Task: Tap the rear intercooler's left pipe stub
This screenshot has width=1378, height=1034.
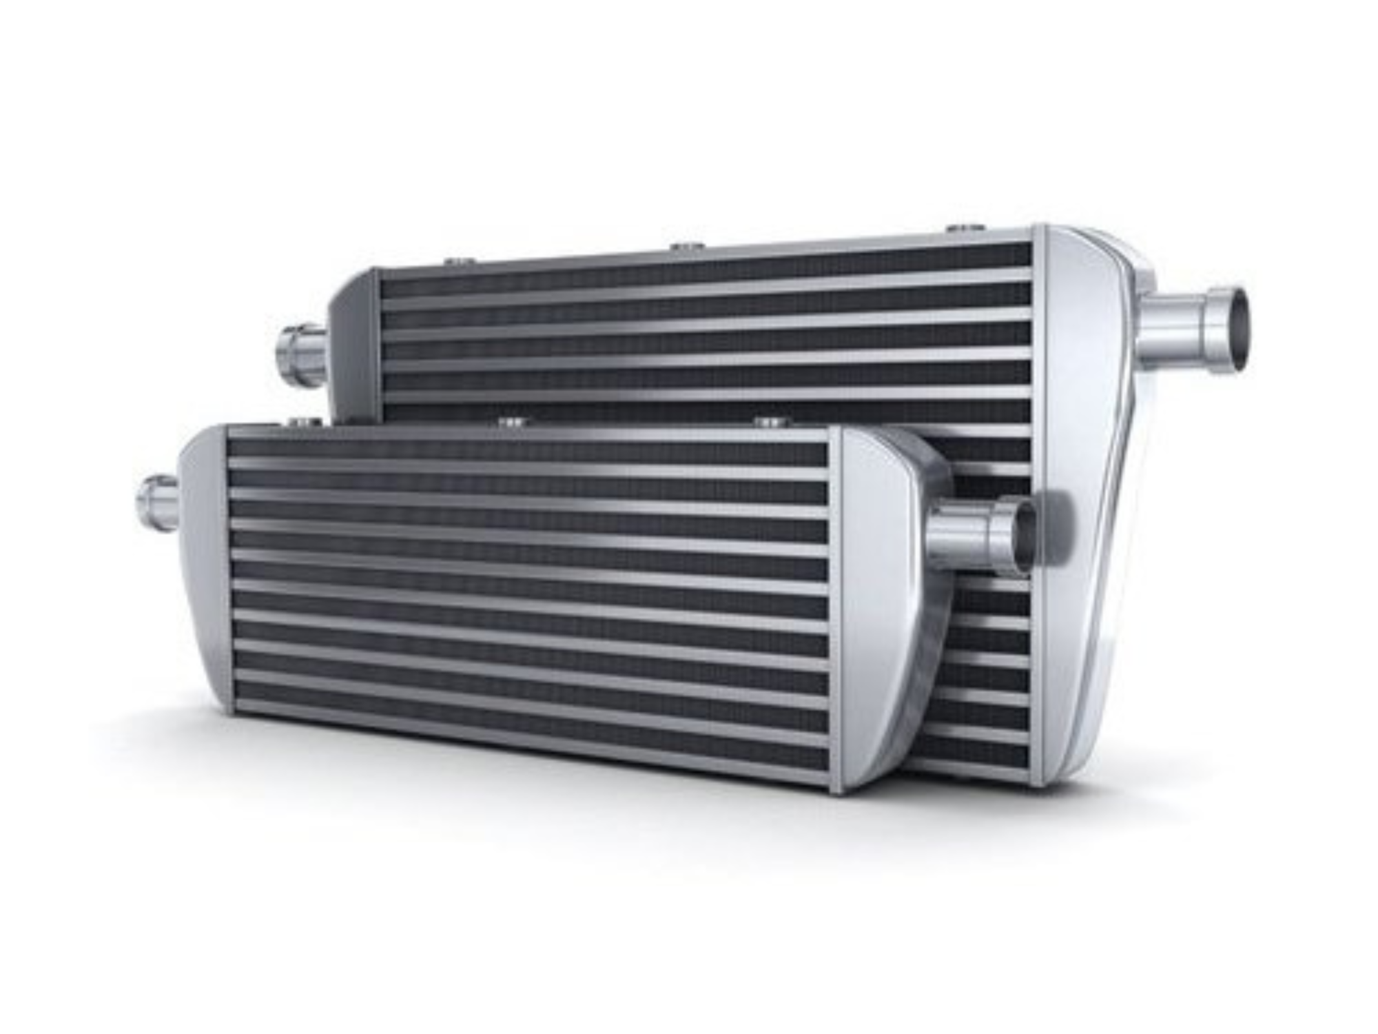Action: coord(302,355)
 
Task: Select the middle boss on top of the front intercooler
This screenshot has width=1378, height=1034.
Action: coord(511,420)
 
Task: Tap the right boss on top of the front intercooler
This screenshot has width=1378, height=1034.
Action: coord(770,420)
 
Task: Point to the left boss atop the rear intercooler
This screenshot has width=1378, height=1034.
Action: coord(457,261)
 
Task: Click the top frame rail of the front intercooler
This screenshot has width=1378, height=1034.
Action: coord(527,434)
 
